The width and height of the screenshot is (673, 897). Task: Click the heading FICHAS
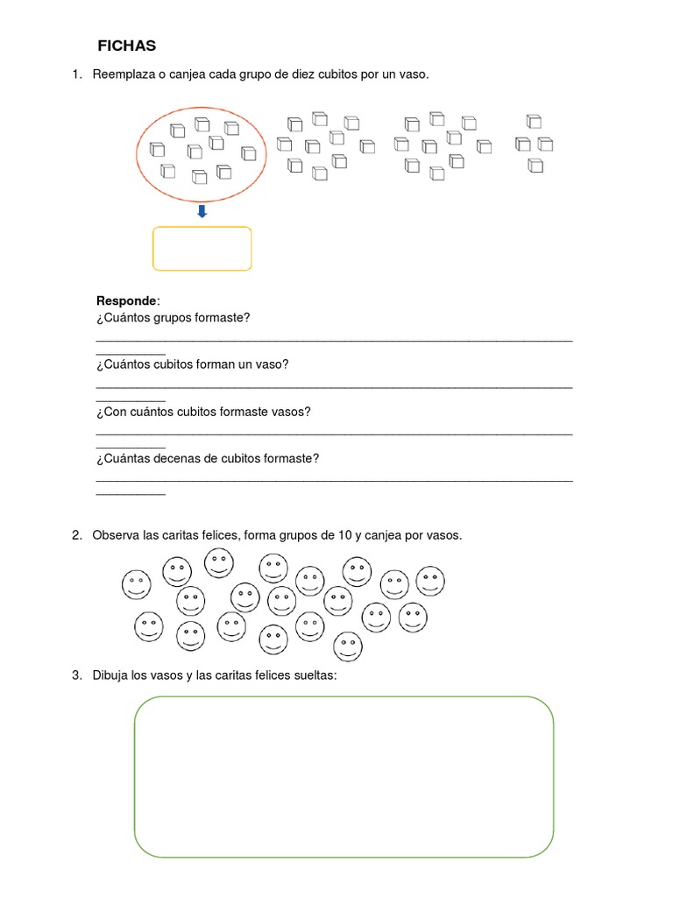coord(126,46)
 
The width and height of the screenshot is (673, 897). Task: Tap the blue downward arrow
coord(202,211)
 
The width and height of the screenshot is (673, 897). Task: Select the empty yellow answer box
coord(202,249)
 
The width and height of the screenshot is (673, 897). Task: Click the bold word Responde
coord(126,301)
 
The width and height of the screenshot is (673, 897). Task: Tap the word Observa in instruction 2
coord(116,535)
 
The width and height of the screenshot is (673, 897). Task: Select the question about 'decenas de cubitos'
coord(208,459)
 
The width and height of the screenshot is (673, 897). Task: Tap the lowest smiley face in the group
coord(348,646)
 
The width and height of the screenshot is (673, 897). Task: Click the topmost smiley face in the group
coord(218,563)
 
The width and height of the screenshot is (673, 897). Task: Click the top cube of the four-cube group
coord(534,122)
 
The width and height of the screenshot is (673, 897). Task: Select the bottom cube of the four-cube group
coord(535,165)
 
